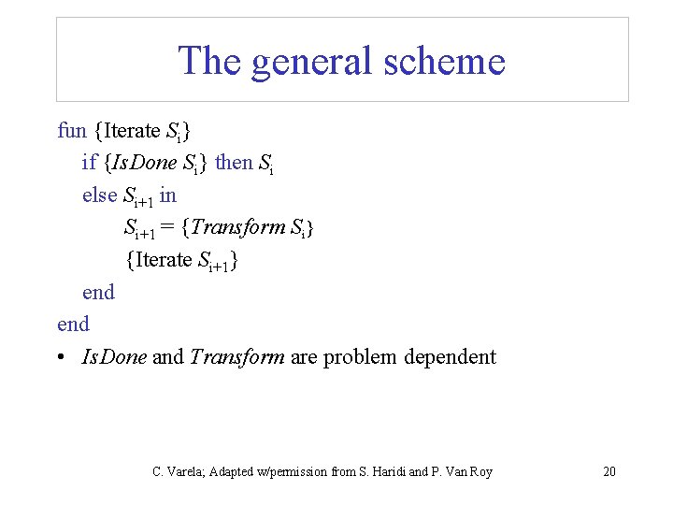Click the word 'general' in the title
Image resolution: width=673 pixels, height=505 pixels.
pyautogui.click(x=306, y=62)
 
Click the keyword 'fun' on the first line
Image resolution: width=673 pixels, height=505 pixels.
pyautogui.click(x=72, y=130)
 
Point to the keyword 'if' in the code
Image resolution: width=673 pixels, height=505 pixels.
pyautogui.click(x=89, y=163)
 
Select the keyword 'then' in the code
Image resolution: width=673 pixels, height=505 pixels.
pyautogui.click(x=234, y=163)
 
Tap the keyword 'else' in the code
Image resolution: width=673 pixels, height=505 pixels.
pyautogui.click(x=99, y=195)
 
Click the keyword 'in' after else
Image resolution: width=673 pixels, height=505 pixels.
pyautogui.click(x=167, y=195)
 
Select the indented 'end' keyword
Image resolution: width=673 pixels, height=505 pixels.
pyautogui.click(x=98, y=292)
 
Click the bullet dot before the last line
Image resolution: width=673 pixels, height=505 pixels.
pyautogui.click(x=62, y=357)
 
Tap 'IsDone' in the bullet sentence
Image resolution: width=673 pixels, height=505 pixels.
pyautogui.click(x=114, y=356)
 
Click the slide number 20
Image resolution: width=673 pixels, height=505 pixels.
pyautogui.click(x=609, y=472)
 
